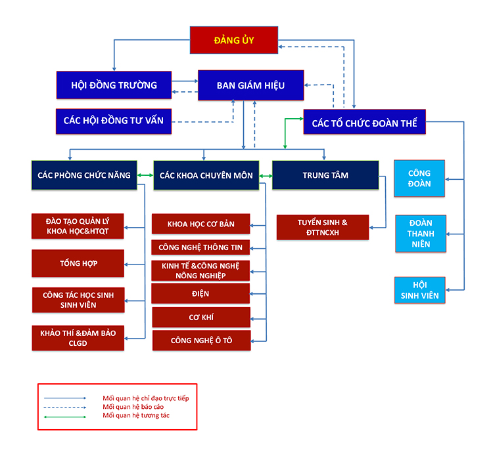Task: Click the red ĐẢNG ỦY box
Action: tap(233, 40)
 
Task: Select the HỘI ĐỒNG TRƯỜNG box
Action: tap(114, 85)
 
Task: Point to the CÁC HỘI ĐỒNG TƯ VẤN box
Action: tap(114, 121)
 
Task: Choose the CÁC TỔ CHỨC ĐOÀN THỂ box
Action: tap(364, 122)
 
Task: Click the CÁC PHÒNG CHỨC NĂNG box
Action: tap(84, 175)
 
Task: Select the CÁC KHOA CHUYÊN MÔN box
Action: tap(206, 175)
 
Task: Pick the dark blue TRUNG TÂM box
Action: tap(325, 175)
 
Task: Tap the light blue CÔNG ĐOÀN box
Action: tap(419, 178)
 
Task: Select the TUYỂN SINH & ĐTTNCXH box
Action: tap(322, 227)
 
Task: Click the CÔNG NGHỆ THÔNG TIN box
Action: tap(200, 247)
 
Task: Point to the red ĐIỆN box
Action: tap(200, 293)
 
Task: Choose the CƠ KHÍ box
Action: tap(200, 317)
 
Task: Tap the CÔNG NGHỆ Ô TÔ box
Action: tap(201, 341)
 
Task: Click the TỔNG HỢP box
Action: tap(78, 263)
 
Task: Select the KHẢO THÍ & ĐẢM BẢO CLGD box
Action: tap(78, 338)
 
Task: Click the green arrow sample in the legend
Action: tap(65, 415)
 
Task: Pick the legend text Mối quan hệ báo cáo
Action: tap(133, 407)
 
